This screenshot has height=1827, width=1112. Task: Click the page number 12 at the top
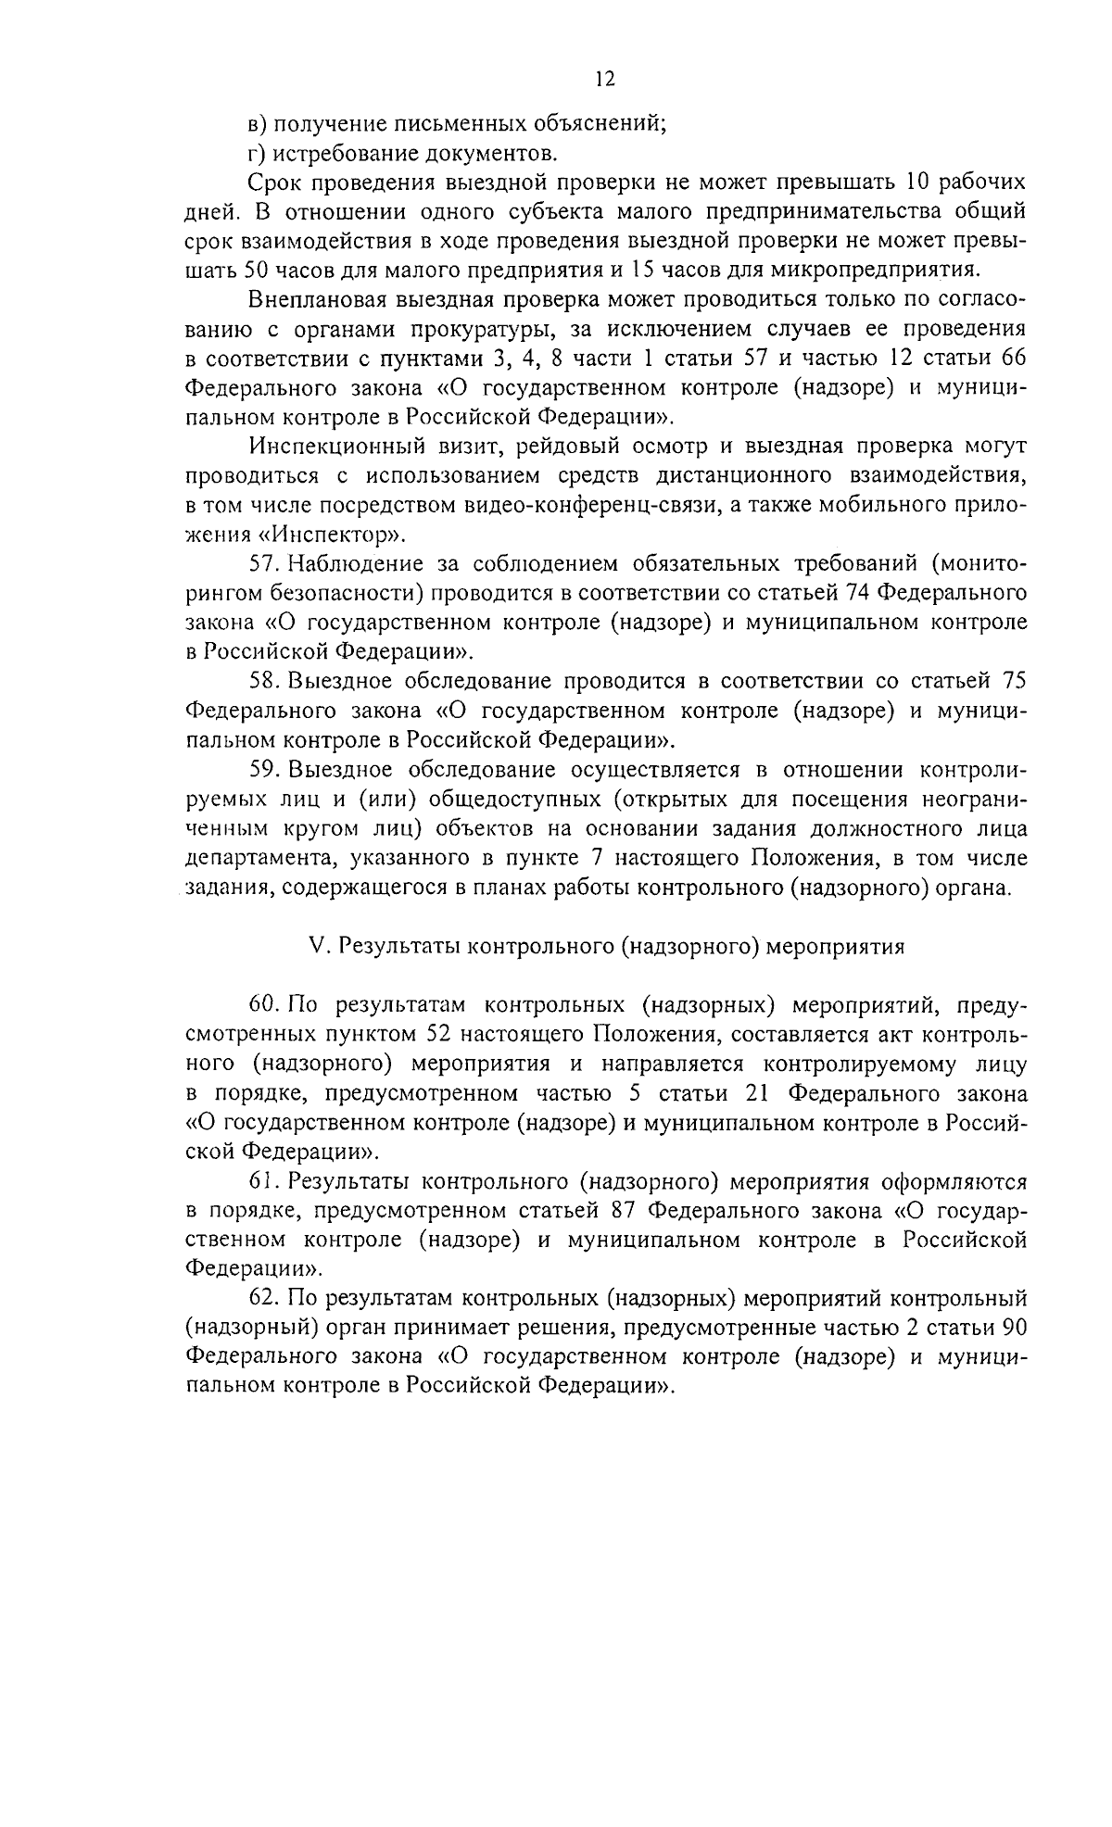(604, 79)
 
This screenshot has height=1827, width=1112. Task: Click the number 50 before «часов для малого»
(257, 270)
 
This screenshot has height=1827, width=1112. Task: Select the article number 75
(1013, 682)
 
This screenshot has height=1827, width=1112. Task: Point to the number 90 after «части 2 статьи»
(1013, 1329)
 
